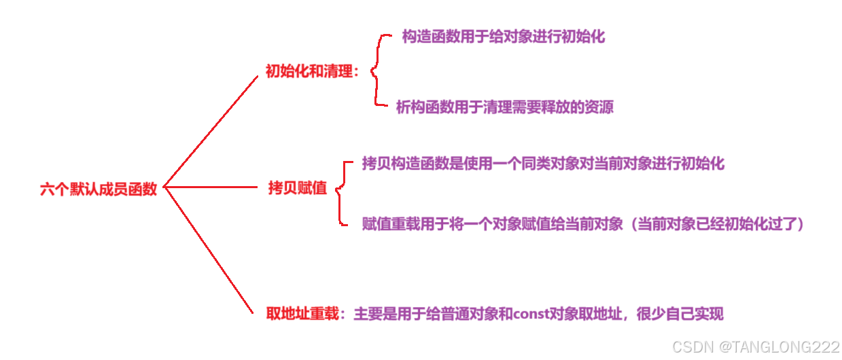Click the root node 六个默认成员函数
[99, 190]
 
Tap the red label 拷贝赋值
[298, 189]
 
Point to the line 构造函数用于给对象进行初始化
[503, 37]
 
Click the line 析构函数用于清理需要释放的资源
[505, 107]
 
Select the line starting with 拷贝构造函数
[543, 164]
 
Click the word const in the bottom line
[535, 314]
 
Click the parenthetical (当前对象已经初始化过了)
[716, 224]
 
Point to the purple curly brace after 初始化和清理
[376, 71]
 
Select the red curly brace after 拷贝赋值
[342, 193]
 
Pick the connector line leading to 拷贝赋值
[211, 187]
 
